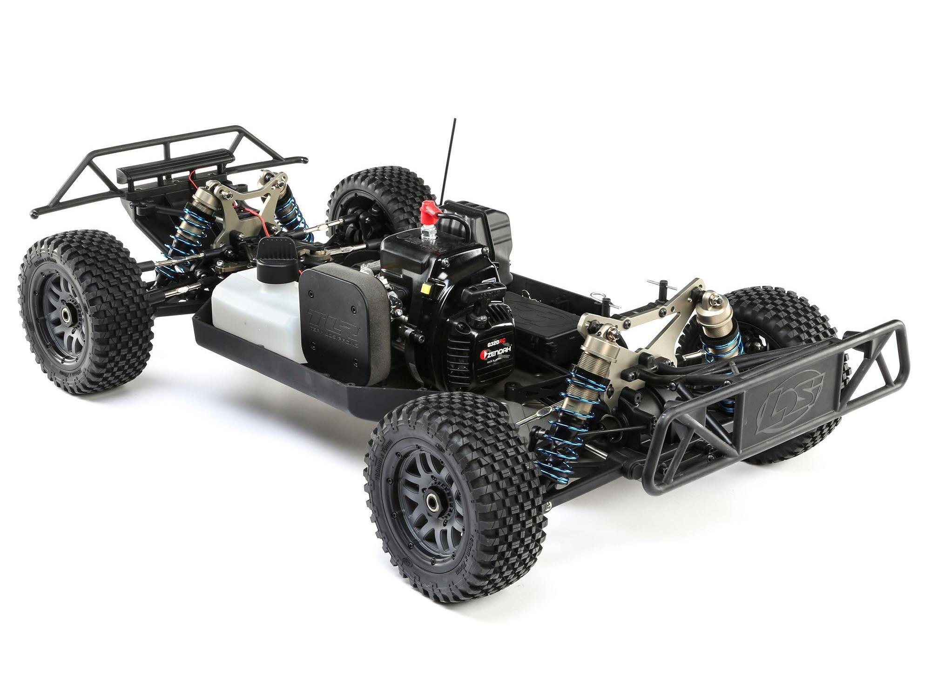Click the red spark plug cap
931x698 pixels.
point(429,212)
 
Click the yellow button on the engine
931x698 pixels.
point(424,288)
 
